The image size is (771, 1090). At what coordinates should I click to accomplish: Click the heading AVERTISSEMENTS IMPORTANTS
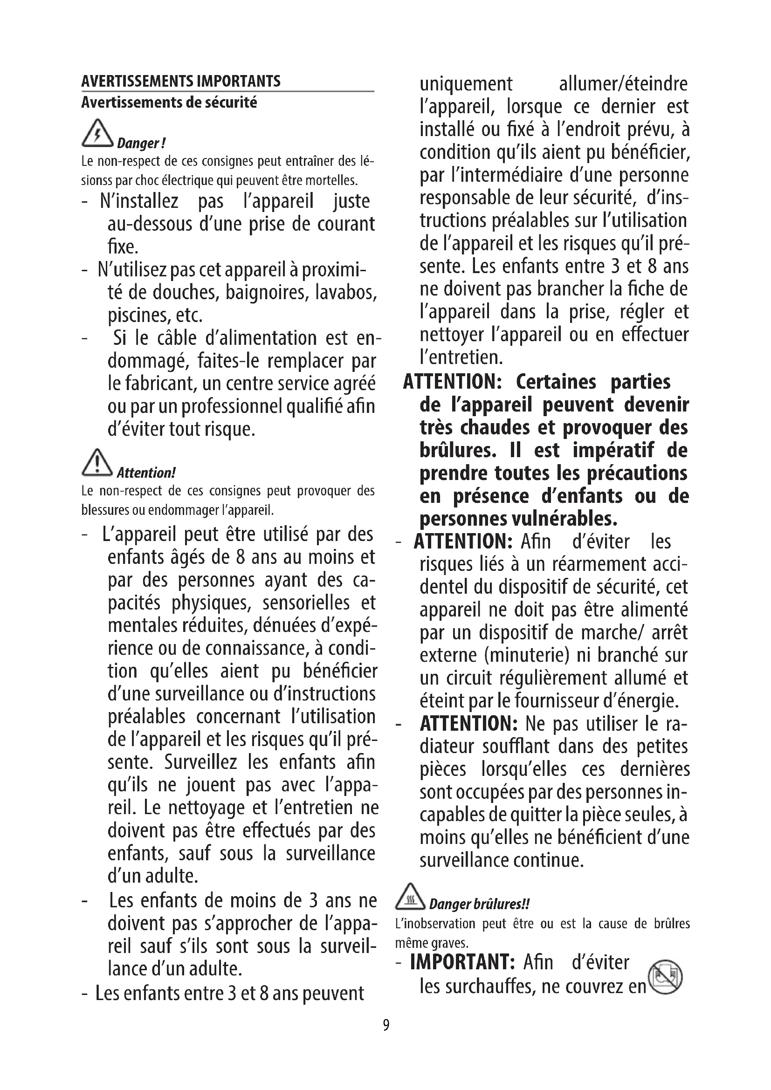pyautogui.click(x=181, y=81)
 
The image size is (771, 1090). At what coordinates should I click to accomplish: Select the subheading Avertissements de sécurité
pyautogui.click(x=169, y=103)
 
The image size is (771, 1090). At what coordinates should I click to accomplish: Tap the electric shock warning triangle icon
pyautogui.click(x=97, y=133)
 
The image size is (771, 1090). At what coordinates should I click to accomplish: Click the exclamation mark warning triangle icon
pyautogui.click(x=97, y=462)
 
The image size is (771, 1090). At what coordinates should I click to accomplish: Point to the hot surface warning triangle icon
pyautogui.click(x=410, y=896)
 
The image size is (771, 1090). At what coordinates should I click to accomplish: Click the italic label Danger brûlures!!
pyautogui.click(x=479, y=904)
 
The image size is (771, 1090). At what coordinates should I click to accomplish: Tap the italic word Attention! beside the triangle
pyautogui.click(x=146, y=473)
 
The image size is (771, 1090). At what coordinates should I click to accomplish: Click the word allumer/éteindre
pyautogui.click(x=623, y=84)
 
